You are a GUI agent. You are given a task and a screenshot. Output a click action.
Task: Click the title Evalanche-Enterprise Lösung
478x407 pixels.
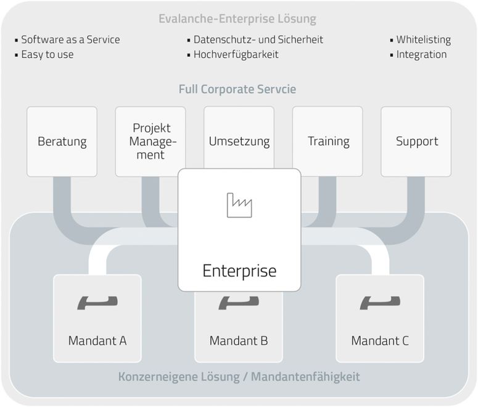click(x=237, y=19)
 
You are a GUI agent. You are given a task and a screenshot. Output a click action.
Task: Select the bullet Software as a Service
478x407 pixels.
click(x=70, y=39)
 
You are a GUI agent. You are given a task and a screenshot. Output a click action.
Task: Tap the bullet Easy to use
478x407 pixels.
click(x=47, y=54)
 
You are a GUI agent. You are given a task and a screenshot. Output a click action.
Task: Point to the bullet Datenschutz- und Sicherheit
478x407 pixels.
click(x=258, y=39)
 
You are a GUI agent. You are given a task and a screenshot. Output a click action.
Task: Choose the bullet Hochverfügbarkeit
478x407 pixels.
click(x=236, y=54)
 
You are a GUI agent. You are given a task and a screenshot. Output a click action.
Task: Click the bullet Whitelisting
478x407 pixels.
click(x=423, y=39)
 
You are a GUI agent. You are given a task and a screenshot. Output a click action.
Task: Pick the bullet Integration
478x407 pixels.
click(x=421, y=54)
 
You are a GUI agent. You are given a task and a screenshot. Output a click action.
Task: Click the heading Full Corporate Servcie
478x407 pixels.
click(x=237, y=89)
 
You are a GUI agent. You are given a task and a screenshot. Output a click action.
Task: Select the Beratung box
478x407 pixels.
click(x=62, y=141)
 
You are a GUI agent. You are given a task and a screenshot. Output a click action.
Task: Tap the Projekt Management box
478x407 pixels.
click(x=150, y=141)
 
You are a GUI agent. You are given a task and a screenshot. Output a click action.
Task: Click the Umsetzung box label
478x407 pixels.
click(x=239, y=141)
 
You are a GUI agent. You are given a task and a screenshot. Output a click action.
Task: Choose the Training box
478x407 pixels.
click(x=328, y=141)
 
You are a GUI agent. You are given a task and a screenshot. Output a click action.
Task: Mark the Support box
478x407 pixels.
click(x=416, y=141)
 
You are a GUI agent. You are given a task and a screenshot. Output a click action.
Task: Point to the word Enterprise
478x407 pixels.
click(x=239, y=270)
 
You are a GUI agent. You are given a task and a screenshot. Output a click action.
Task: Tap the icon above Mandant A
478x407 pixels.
click(x=97, y=302)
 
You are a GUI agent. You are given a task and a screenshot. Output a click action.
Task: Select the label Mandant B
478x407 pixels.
click(x=239, y=340)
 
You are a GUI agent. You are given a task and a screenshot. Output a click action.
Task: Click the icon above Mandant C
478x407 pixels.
click(x=380, y=302)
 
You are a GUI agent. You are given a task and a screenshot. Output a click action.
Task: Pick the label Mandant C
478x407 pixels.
click(x=380, y=340)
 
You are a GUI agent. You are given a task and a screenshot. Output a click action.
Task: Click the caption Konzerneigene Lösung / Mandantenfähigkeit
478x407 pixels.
click(x=239, y=376)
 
